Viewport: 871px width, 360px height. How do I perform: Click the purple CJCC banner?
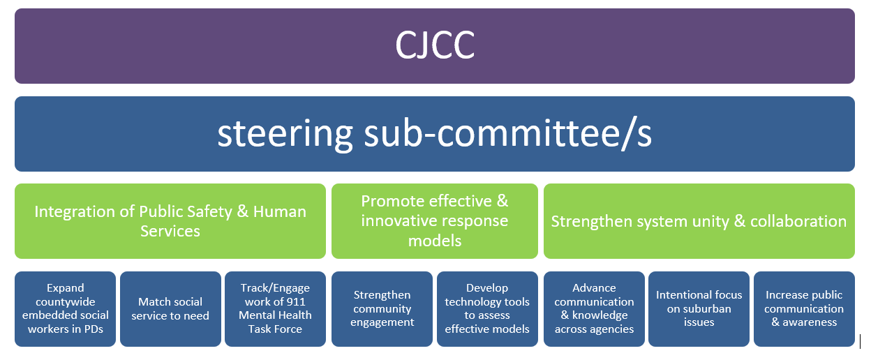(434, 46)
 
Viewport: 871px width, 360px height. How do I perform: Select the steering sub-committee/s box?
(434, 134)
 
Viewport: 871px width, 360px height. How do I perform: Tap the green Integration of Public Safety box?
(170, 221)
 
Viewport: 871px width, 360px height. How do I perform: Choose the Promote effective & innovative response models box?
(434, 221)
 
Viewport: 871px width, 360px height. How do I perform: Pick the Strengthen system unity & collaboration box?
(699, 221)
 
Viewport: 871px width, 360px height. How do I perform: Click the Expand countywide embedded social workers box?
(66, 308)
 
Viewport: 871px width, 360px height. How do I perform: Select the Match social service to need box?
(170, 308)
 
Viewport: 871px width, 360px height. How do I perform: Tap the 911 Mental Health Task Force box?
(275, 308)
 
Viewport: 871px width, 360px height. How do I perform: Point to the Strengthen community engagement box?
(382, 308)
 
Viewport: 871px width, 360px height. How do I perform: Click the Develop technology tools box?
(487, 308)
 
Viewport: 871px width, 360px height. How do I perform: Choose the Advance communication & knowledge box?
(594, 308)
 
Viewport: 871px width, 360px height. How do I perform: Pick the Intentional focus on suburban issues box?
(699, 308)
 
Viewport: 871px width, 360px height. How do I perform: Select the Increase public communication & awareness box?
(804, 308)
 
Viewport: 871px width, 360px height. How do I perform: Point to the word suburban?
(700, 309)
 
